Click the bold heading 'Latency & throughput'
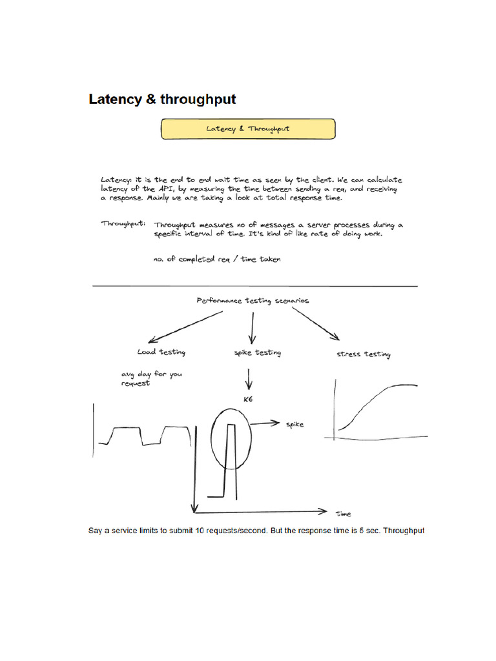click(162, 99)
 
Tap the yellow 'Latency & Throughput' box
click(248, 128)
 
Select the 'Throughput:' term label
click(123, 223)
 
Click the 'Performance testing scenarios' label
click(253, 300)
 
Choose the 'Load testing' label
click(161, 352)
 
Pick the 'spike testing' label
click(257, 352)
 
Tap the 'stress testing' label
click(364, 354)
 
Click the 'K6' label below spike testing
click(247, 400)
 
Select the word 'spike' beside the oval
click(294, 424)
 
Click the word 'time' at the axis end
click(344, 514)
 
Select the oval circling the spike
click(213, 439)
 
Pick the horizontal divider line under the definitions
click(255, 285)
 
